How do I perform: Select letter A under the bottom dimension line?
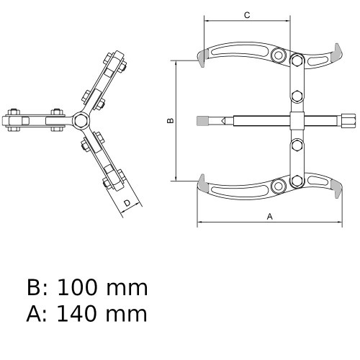pos(269,215)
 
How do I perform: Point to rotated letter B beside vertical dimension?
pos(170,120)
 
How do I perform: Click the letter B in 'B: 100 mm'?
pos(35,288)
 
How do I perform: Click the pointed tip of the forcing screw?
pos(222,120)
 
